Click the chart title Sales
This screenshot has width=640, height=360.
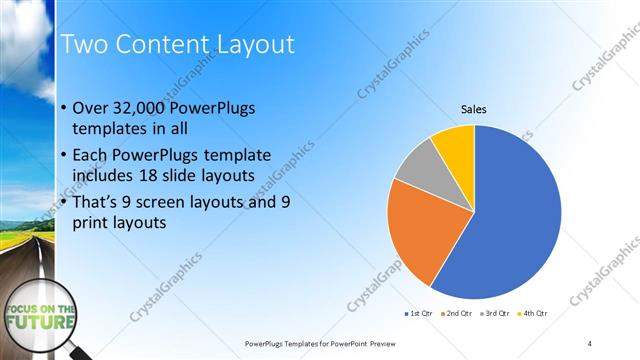point(473,109)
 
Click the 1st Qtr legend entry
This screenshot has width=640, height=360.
point(418,313)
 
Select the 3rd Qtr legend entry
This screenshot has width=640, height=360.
point(496,313)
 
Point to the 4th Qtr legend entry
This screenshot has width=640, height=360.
point(534,313)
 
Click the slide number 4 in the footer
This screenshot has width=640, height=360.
point(589,343)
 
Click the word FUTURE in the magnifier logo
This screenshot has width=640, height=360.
point(41,323)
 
